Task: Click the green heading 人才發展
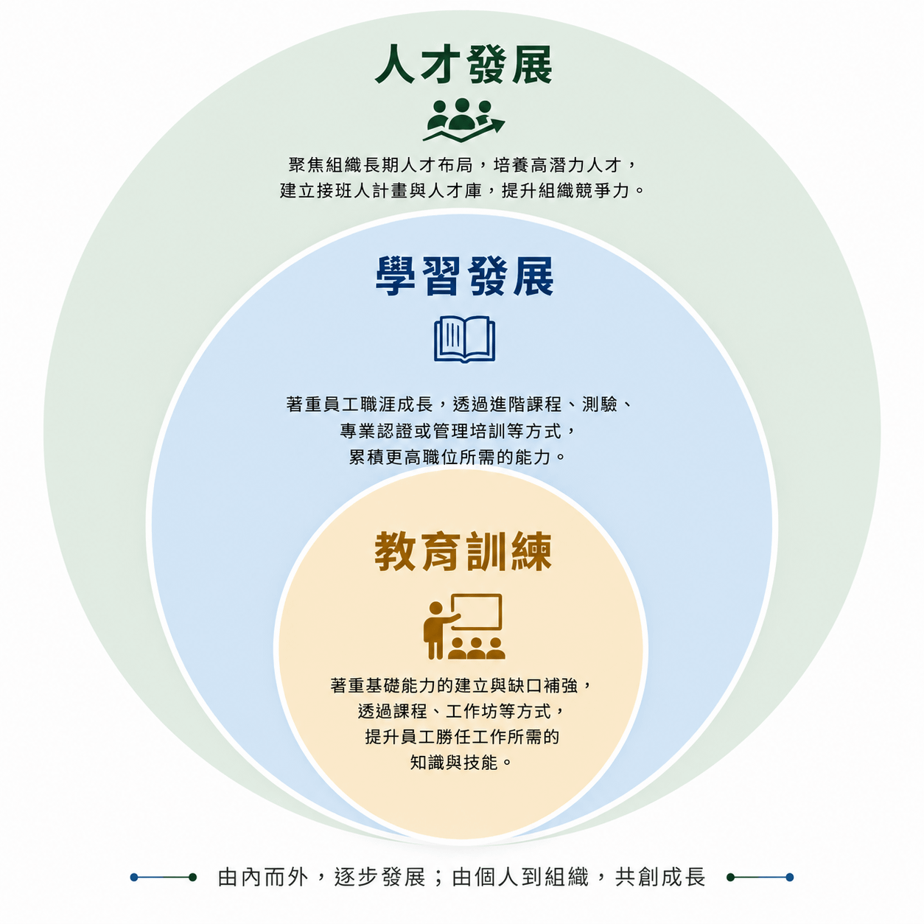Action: coord(463,65)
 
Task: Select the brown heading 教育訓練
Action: coord(463,551)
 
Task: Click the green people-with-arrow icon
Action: coord(463,120)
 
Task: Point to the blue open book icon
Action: coord(464,339)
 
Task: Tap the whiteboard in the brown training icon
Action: coord(477,612)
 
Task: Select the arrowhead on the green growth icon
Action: coord(495,125)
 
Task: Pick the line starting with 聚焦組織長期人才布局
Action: coord(463,165)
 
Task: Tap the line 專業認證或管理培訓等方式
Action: coord(458,431)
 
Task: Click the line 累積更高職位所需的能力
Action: coord(457,457)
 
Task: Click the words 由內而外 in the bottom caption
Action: coord(262,877)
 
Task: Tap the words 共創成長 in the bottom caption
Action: coord(659,877)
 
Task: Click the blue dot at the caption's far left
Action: coord(134,878)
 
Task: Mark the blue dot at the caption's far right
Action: coord(789,878)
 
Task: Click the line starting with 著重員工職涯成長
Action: coord(461,405)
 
